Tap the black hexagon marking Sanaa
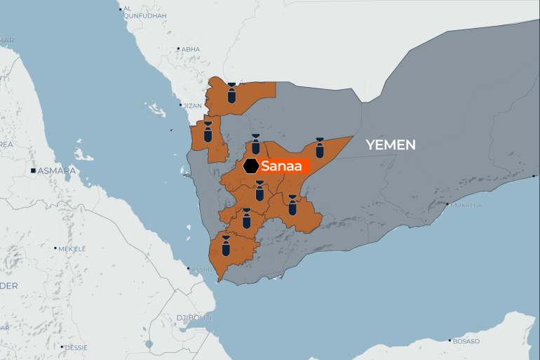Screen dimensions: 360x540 click(251, 166)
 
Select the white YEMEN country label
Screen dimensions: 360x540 click(390, 145)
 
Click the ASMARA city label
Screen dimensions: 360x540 click(57, 171)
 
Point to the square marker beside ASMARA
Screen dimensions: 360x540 click(32, 171)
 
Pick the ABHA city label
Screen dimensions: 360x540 click(191, 49)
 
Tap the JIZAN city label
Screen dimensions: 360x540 click(192, 105)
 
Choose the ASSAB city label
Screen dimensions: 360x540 click(201, 269)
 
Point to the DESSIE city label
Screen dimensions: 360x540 click(76, 347)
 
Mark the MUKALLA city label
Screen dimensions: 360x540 click(466, 205)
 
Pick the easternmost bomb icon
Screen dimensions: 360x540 click(320, 147)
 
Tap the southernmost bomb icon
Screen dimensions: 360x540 click(226, 245)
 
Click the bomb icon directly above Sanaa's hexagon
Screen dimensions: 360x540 click(255, 145)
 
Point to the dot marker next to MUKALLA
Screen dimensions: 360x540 click(447, 205)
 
